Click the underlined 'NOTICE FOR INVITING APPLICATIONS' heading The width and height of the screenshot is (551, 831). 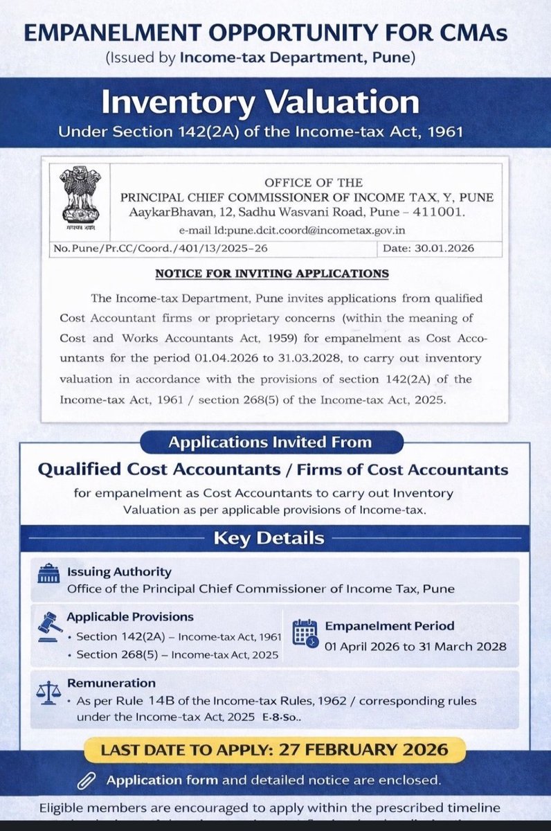pyautogui.click(x=271, y=274)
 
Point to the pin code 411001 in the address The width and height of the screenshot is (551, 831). pyautogui.click(x=449, y=211)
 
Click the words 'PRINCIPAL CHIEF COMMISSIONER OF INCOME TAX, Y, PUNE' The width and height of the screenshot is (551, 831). pyautogui.click(x=309, y=197)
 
